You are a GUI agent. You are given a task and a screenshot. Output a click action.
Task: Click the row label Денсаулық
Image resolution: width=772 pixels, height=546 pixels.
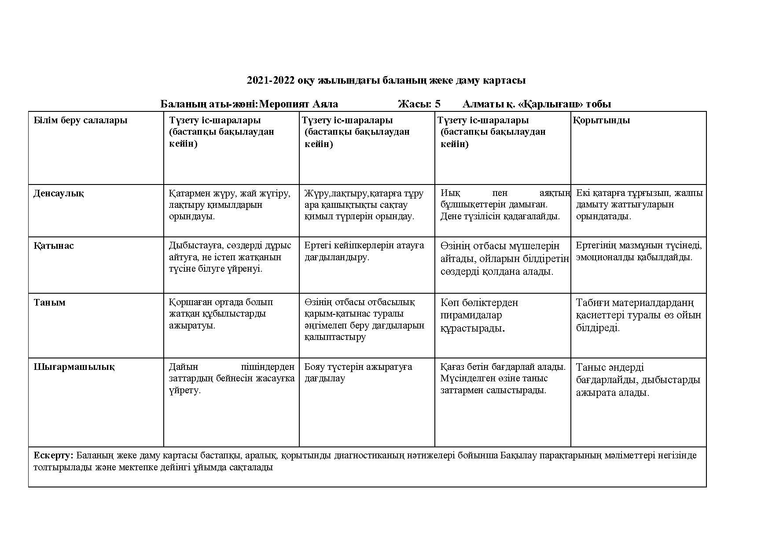point(59,193)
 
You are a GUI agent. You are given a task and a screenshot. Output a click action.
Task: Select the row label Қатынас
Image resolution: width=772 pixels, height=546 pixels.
point(54,246)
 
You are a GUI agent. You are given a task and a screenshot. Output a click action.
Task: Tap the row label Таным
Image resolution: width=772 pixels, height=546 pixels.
point(49,302)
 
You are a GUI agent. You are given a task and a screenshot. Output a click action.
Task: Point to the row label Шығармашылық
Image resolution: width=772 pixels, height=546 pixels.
point(74,367)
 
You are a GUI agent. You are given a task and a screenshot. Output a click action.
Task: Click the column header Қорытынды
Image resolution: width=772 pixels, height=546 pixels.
point(601,120)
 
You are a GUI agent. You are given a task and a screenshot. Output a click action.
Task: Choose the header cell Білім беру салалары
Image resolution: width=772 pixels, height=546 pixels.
point(80,120)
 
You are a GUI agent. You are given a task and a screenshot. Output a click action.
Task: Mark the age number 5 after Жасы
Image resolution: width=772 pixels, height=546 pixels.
point(437,104)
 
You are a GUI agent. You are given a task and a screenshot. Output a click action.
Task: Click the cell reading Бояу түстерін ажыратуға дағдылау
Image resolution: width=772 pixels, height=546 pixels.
point(358,373)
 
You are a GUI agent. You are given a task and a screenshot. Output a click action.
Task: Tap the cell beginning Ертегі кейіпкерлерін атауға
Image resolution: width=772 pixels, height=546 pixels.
point(364,251)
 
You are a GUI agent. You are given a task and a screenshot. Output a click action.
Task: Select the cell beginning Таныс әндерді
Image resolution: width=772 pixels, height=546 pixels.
point(638,380)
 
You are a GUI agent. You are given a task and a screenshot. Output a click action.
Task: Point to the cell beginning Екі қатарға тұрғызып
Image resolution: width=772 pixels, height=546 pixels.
point(639,204)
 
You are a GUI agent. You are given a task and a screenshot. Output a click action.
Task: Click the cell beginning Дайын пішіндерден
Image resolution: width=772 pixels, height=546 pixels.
point(232,378)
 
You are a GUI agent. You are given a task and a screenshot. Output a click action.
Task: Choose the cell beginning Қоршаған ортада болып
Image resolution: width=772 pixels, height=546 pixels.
point(221,314)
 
